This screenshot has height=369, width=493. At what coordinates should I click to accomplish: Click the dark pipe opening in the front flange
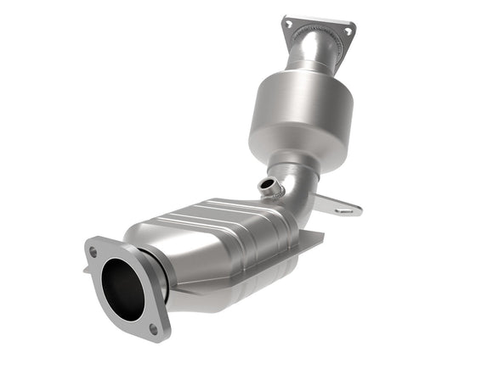click(121, 290)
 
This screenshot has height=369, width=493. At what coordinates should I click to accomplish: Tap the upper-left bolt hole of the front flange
click(93, 252)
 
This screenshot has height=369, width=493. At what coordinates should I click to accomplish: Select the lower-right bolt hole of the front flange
click(154, 327)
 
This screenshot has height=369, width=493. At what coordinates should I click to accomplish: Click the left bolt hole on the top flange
click(289, 25)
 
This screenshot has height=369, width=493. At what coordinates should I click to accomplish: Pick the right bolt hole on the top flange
click(347, 31)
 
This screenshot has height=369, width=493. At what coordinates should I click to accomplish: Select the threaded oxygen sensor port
click(271, 186)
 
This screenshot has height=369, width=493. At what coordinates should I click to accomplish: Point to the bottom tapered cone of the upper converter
click(293, 157)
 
